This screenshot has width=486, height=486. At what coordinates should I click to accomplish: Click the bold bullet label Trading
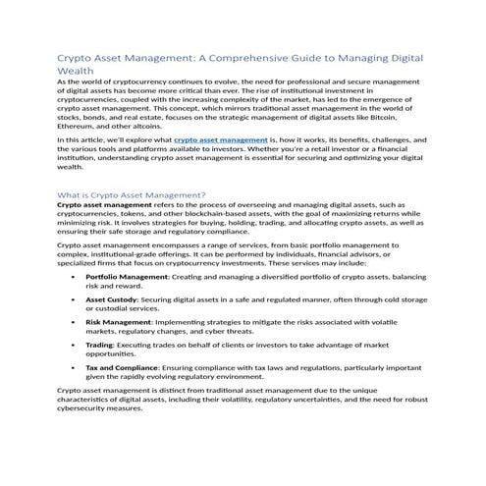(x=99, y=345)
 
